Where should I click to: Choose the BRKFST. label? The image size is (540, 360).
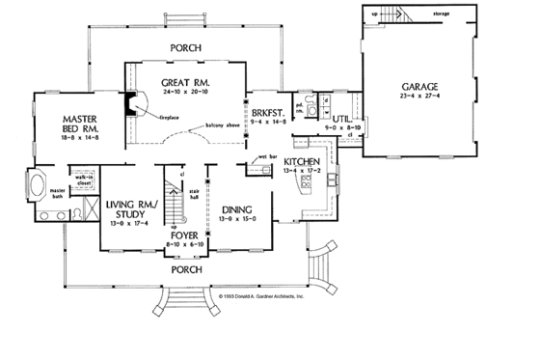[x=266, y=112]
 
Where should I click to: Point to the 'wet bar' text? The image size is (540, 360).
[x=268, y=155]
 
